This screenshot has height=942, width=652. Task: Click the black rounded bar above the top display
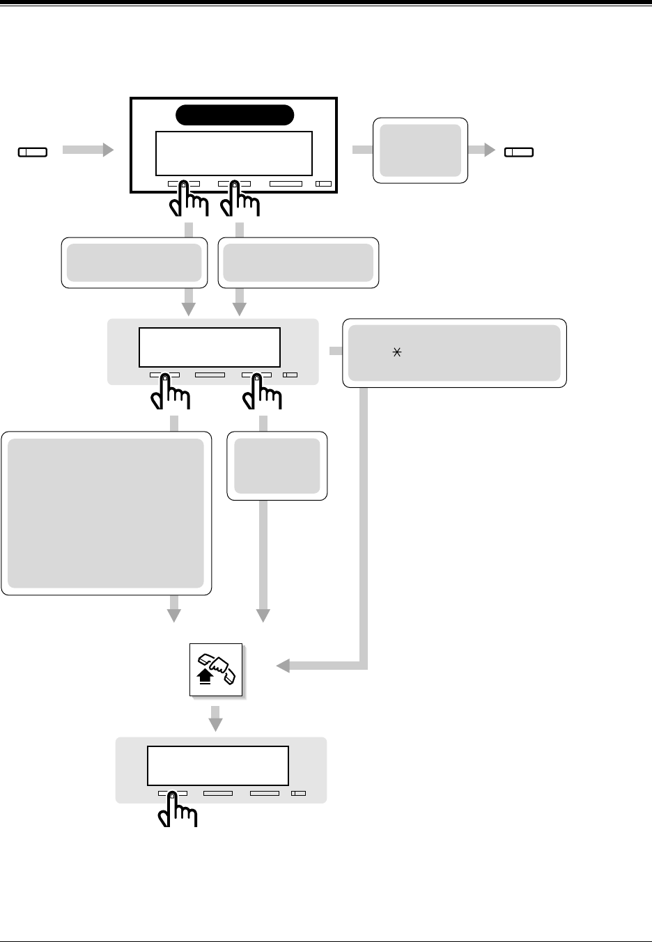233,115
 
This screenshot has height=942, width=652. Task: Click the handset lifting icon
216,670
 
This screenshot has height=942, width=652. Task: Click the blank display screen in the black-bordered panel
233,153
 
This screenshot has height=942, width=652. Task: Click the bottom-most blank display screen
218,766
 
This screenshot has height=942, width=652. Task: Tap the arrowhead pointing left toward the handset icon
283,667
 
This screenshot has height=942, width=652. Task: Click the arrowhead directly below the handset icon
216,725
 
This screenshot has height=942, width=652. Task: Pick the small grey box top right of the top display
420,150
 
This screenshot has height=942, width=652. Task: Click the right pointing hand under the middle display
262,394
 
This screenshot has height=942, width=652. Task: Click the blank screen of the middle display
210,347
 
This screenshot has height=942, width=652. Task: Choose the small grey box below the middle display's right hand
277,466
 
